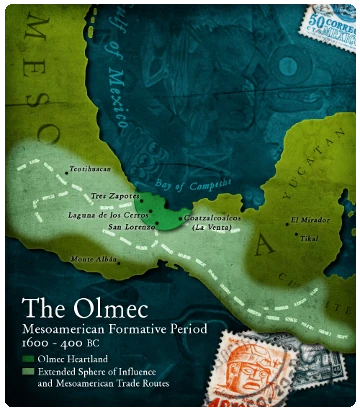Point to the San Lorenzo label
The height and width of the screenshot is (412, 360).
130,226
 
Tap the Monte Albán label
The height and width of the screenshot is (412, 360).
96,259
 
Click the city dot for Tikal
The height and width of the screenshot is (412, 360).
298,237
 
